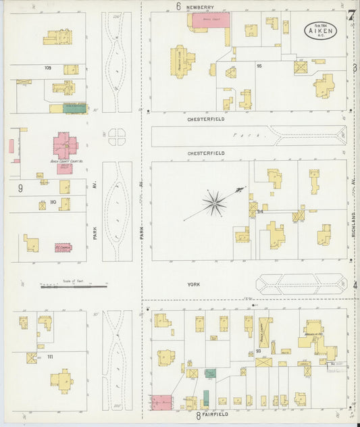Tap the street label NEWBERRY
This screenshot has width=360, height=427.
click(x=201, y=7)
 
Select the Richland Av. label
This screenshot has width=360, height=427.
click(x=353, y=220)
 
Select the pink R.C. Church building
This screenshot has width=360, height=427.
click(x=63, y=248)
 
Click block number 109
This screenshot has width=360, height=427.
click(x=47, y=68)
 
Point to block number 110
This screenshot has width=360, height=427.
click(x=52, y=202)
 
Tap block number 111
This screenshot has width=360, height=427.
click(x=50, y=356)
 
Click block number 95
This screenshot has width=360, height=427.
click(x=259, y=66)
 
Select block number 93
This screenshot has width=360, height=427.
click(x=258, y=351)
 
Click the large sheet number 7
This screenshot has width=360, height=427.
click(x=351, y=15)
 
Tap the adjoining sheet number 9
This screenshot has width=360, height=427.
click(x=21, y=188)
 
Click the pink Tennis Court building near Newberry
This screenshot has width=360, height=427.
click(x=208, y=20)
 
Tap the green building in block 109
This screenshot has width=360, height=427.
click(x=74, y=108)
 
